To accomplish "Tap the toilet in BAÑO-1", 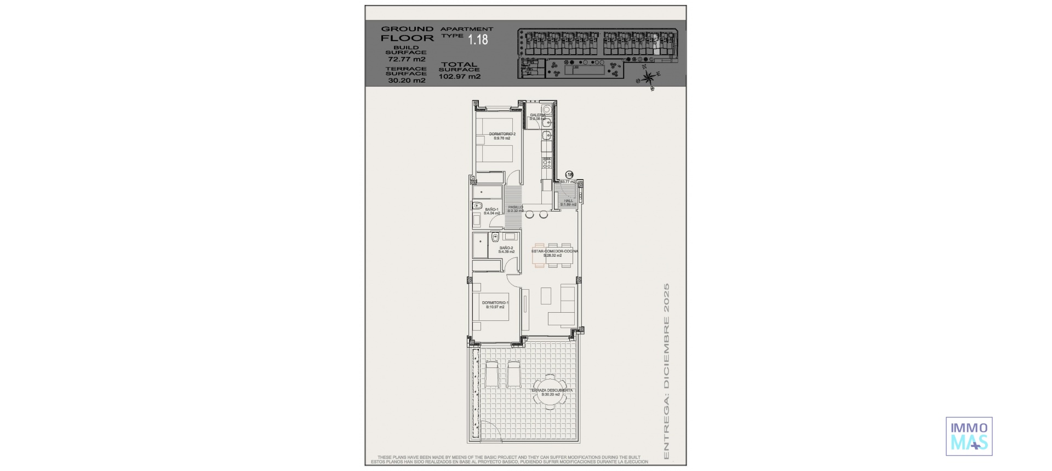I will click(476, 205).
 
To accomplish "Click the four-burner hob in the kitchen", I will click(547, 163).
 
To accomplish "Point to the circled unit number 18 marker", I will click(569, 175).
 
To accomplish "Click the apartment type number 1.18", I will click(477, 39).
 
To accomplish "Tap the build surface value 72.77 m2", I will click(407, 59).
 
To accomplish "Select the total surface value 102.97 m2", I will click(460, 77).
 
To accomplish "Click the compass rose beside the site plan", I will click(649, 78).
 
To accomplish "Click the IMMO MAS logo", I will click(969, 436).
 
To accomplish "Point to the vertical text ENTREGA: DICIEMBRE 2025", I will click(666, 371).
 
